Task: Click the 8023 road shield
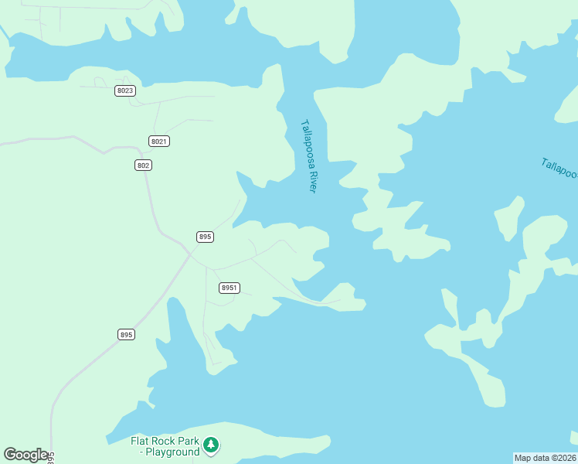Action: click(x=125, y=90)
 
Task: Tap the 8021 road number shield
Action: click(x=159, y=141)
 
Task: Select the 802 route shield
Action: click(x=143, y=165)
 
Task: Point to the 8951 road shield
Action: click(x=229, y=288)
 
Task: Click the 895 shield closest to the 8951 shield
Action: click(x=205, y=237)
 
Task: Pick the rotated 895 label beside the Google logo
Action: click(x=50, y=456)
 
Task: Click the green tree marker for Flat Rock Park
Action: click(x=211, y=445)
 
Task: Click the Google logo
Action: click(x=25, y=455)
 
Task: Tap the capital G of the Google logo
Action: click(x=10, y=455)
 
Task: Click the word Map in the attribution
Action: click(x=523, y=458)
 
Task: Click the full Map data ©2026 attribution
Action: click(x=546, y=458)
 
